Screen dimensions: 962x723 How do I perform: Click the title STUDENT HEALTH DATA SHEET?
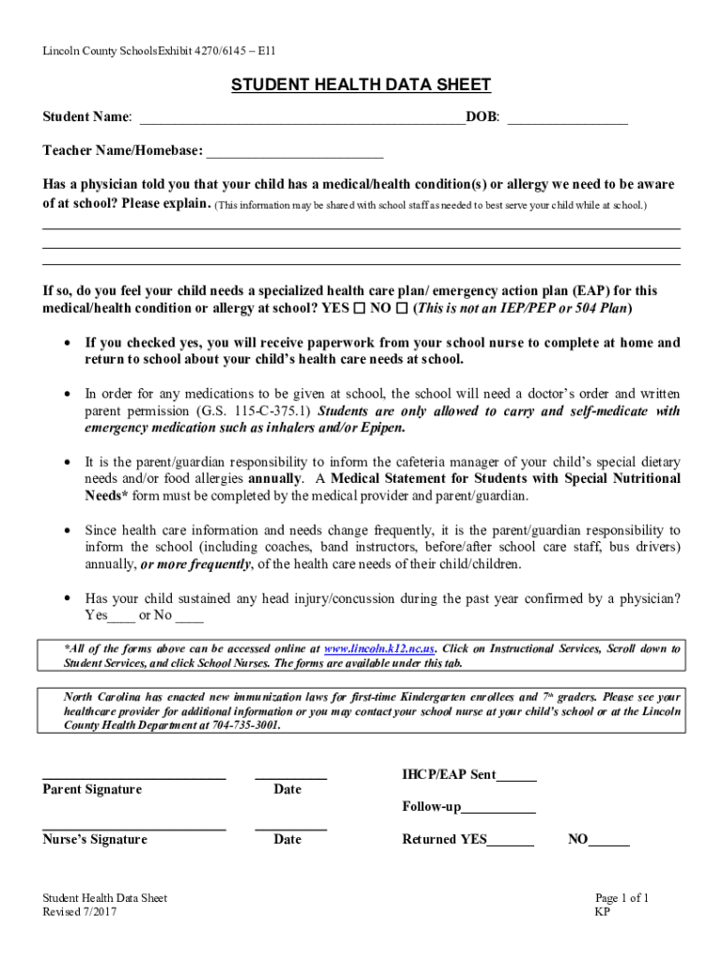tap(361, 85)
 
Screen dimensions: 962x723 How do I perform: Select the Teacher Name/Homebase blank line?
tap(294, 156)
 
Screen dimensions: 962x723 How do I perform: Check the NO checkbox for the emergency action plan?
tap(402, 309)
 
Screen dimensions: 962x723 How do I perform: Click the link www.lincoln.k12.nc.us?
tap(379, 649)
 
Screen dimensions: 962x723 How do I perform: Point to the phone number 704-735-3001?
tap(245, 725)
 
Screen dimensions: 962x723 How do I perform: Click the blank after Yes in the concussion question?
tap(121, 620)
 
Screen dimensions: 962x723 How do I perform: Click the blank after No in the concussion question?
tap(189, 620)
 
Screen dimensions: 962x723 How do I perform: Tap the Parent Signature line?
tap(134, 778)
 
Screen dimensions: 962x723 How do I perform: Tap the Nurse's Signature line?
tap(134, 828)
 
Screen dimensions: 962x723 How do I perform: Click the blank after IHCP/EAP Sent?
tap(516, 779)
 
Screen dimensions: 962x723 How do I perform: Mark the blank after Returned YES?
tap(510, 844)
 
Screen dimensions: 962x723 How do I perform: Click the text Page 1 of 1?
tap(623, 898)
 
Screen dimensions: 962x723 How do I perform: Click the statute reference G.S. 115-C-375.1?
tap(254, 411)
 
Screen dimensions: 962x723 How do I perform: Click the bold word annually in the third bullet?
tap(274, 478)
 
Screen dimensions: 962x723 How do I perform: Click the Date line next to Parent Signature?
tap(290, 778)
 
